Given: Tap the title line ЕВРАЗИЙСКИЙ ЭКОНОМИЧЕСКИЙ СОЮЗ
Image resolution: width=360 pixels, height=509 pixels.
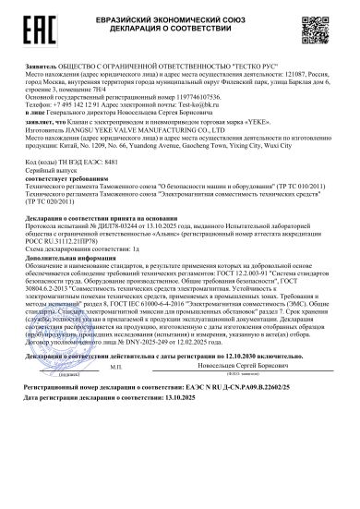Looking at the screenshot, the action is pos(182,16).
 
